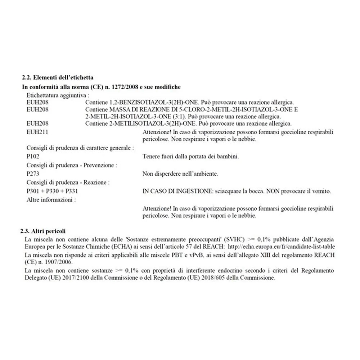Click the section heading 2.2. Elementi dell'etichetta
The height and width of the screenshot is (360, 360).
point(58,77)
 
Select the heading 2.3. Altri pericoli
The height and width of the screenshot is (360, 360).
point(43,231)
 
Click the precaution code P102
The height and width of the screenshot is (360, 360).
point(33,157)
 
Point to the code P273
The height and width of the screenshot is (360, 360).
point(33,174)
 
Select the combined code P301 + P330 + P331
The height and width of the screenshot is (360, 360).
point(52,191)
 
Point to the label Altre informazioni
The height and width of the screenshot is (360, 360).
point(51,199)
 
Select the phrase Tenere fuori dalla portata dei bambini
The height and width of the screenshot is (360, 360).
point(190,157)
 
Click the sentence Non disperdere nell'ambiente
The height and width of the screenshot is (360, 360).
point(180,174)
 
